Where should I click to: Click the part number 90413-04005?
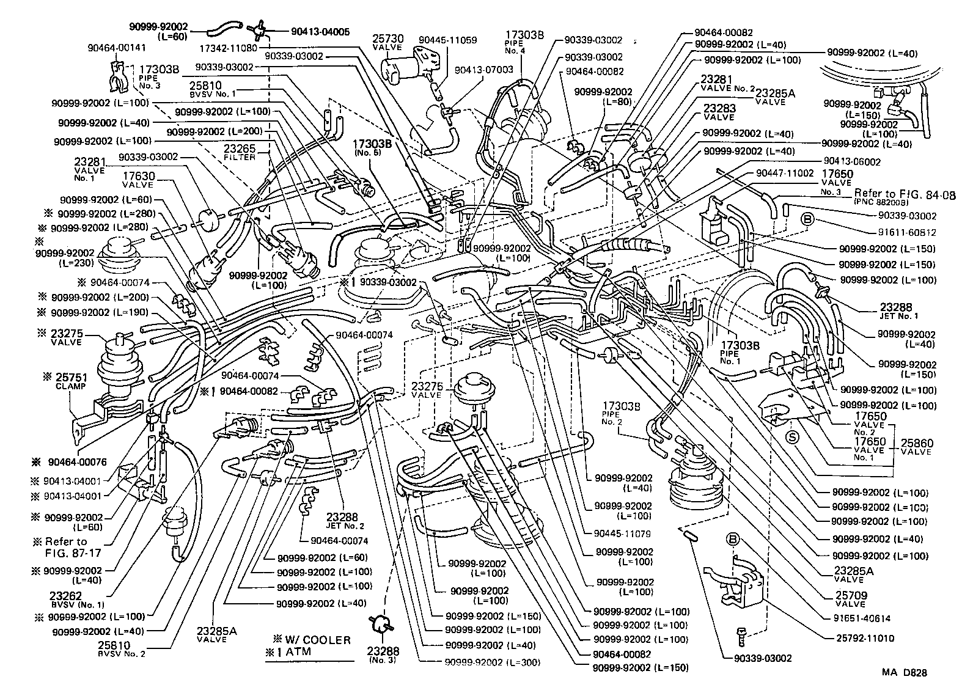312,32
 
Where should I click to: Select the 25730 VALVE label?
387,42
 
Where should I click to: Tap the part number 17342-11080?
228,47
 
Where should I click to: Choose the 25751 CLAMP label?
70,381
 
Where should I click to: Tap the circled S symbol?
792,436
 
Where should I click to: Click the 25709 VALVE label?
851,598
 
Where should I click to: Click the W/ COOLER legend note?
312,640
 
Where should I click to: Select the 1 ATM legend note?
288,651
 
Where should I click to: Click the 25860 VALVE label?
915,446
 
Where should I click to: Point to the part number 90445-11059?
448,40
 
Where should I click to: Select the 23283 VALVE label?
719,112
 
